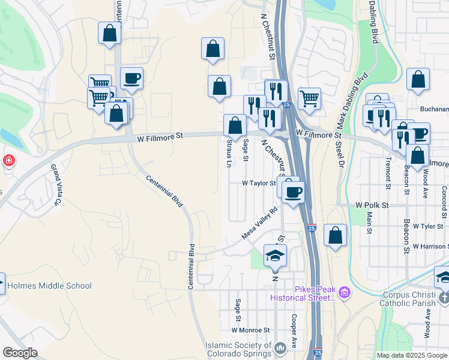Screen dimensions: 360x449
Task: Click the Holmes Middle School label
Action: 49,286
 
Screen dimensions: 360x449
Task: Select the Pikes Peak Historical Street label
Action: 303,293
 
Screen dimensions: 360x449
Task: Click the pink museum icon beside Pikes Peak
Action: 344,293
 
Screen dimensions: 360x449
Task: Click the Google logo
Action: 20,353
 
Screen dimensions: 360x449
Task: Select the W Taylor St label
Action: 258,184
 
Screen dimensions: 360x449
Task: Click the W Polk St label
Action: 372,205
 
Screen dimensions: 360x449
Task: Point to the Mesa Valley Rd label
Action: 260,223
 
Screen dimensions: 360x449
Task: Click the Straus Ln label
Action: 229,152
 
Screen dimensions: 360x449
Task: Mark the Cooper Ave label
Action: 294,328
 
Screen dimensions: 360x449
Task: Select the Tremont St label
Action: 388,173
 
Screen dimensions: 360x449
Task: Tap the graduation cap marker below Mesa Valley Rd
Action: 276,255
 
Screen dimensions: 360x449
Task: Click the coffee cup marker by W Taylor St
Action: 293,192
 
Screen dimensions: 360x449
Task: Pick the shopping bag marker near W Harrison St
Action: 335,235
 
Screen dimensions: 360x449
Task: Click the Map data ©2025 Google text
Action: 412,355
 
